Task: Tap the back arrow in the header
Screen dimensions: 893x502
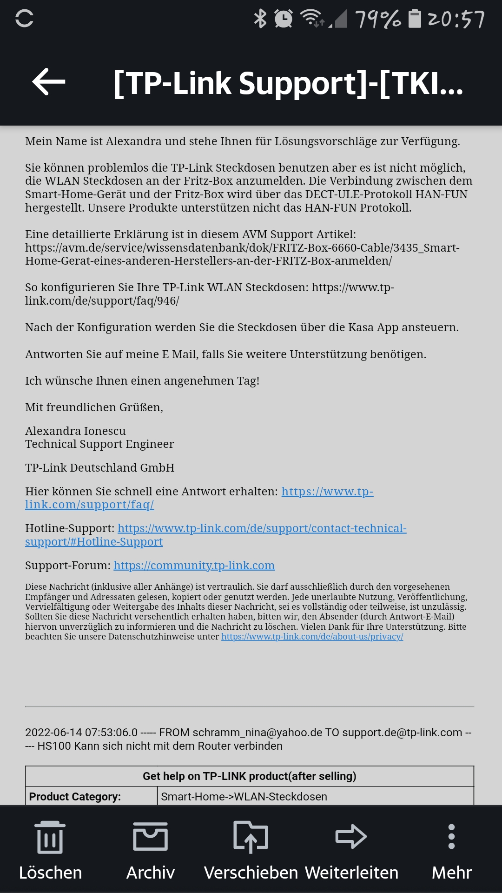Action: pos(49,82)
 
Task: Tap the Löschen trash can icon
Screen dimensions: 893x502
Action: pos(50,837)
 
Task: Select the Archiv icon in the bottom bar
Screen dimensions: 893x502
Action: pos(150,836)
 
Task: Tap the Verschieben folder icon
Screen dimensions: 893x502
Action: pos(251,836)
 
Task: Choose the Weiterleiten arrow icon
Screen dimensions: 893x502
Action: pos(351,836)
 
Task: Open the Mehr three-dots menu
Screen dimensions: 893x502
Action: pos(451,836)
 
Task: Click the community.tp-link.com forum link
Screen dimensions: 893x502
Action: pos(194,566)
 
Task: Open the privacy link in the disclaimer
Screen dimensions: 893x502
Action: pos(312,637)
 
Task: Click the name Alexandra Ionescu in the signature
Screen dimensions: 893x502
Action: pos(75,431)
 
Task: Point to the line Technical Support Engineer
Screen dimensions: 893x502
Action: pos(99,444)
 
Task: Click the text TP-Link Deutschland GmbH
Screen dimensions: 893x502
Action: pos(99,468)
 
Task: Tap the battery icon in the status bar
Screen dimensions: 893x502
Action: pos(415,19)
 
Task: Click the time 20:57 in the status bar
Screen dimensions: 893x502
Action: pos(456,19)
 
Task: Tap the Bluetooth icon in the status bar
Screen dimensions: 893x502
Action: pos(260,19)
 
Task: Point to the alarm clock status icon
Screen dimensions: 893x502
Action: pos(283,19)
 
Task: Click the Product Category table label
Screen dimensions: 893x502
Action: pos(75,797)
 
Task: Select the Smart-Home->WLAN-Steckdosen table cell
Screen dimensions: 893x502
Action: pos(244,797)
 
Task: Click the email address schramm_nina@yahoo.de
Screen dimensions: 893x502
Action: pos(257,733)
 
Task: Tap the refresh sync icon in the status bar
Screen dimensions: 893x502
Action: pos(24,19)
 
